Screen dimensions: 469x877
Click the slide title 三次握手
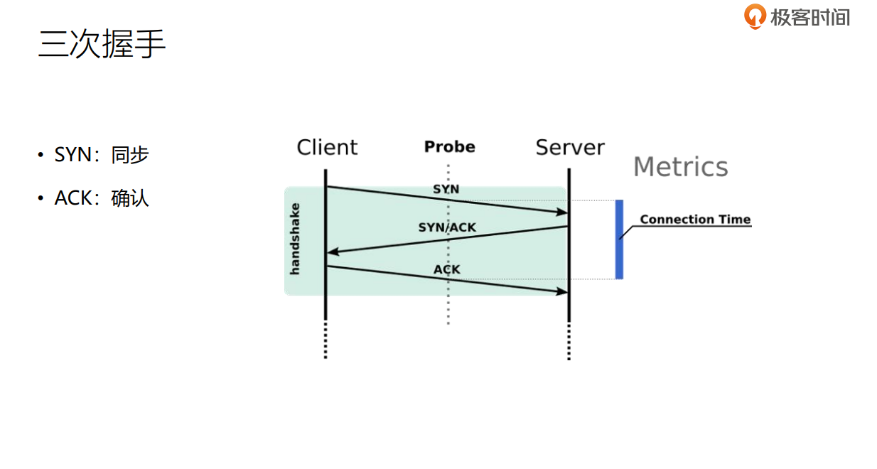point(102,44)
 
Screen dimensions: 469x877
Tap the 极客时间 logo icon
point(755,16)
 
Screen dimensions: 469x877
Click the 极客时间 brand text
point(809,17)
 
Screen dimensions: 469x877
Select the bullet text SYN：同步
point(102,155)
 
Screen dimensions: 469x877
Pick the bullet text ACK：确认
point(102,198)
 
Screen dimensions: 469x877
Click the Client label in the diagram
point(327,147)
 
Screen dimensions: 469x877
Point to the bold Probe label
point(449,147)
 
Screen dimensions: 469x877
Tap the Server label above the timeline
point(570,147)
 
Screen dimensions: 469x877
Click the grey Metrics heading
point(680,167)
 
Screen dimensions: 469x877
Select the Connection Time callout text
point(695,220)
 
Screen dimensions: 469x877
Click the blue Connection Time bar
point(619,239)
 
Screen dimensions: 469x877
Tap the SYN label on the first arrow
point(446,190)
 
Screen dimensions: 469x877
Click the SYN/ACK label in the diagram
point(447,227)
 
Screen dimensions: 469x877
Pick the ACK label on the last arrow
point(447,270)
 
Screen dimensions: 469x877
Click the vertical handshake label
point(295,239)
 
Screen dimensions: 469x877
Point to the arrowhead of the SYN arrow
point(562,212)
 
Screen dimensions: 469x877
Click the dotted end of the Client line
point(325,341)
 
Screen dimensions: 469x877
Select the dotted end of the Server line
point(569,343)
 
